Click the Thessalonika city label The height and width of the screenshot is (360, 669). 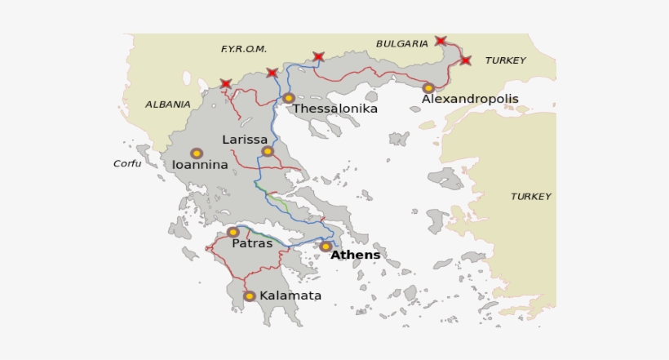335,109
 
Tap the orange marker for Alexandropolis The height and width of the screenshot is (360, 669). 428,88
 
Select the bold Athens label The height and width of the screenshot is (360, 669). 355,255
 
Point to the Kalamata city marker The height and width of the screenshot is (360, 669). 250,296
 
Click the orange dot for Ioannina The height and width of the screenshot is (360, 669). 197,153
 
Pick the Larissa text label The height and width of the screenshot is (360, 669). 245,140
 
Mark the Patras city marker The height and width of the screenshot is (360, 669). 233,232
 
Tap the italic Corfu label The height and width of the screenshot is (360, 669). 127,163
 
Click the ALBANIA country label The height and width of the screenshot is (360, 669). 168,104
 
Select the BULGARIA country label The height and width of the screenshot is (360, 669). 402,44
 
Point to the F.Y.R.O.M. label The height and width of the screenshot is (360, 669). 244,49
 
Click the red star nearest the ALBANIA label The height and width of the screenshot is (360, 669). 226,83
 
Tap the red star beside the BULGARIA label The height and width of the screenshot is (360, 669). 441,40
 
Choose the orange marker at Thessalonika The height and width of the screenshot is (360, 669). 288,98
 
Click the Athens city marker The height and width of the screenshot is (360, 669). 326,247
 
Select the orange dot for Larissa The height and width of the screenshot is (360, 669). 268,151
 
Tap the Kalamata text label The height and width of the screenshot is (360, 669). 290,296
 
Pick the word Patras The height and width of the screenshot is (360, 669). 252,243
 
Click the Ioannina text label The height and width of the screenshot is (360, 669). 200,165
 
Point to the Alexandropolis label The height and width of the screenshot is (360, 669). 470,99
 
